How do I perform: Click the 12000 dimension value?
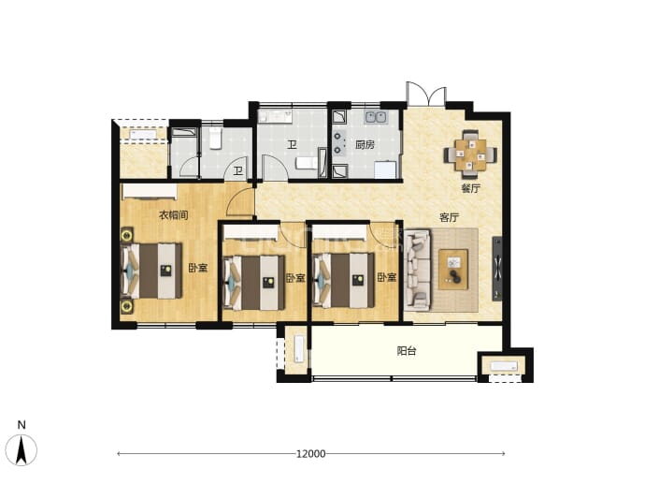[x=311, y=453]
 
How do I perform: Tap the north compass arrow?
[x=21, y=449]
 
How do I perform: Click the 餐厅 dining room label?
[x=470, y=188]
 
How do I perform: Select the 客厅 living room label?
[x=449, y=217]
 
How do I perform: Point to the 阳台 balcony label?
[x=407, y=350]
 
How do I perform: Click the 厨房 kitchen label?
[x=365, y=144]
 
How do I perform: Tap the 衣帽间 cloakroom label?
[x=174, y=214]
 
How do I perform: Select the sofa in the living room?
[x=418, y=270]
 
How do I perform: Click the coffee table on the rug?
[x=453, y=270]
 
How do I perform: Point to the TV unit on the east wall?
[x=497, y=269]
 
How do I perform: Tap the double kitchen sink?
[x=375, y=117]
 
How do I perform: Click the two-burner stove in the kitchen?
[x=339, y=142]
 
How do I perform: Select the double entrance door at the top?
[x=425, y=94]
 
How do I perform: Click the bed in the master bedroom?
[x=151, y=271]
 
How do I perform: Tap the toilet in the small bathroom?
[x=215, y=138]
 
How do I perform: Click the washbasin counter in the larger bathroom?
[x=275, y=116]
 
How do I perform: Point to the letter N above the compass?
[x=21, y=425]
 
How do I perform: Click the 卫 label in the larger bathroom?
[x=292, y=144]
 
